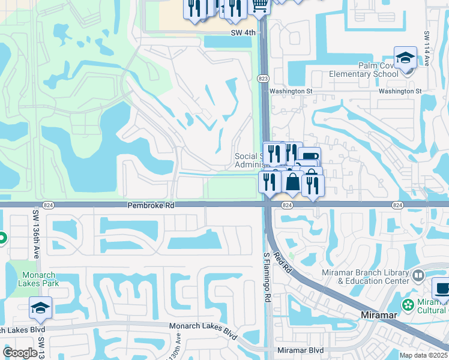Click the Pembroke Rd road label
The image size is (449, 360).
coord(150,205)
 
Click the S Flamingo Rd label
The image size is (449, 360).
coord(268,277)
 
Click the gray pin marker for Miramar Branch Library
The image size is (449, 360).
coord(419,276)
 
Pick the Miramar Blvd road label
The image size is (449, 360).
coord(300,350)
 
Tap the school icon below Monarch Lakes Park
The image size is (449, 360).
coord(40,308)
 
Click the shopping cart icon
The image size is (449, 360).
coord(259,7)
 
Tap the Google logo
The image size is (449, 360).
coord(20,353)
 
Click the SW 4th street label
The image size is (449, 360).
coord(243,33)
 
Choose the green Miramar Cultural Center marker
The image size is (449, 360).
coord(409,305)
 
